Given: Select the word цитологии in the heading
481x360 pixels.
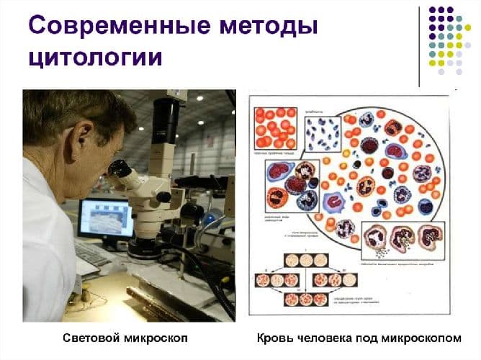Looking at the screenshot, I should [94, 58].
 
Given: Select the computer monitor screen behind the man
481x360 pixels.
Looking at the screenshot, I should [104, 217].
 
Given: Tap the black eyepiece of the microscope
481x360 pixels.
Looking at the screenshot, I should [117, 168].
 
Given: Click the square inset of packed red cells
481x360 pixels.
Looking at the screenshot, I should [275, 127].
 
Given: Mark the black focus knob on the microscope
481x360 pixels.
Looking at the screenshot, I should [164, 196].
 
